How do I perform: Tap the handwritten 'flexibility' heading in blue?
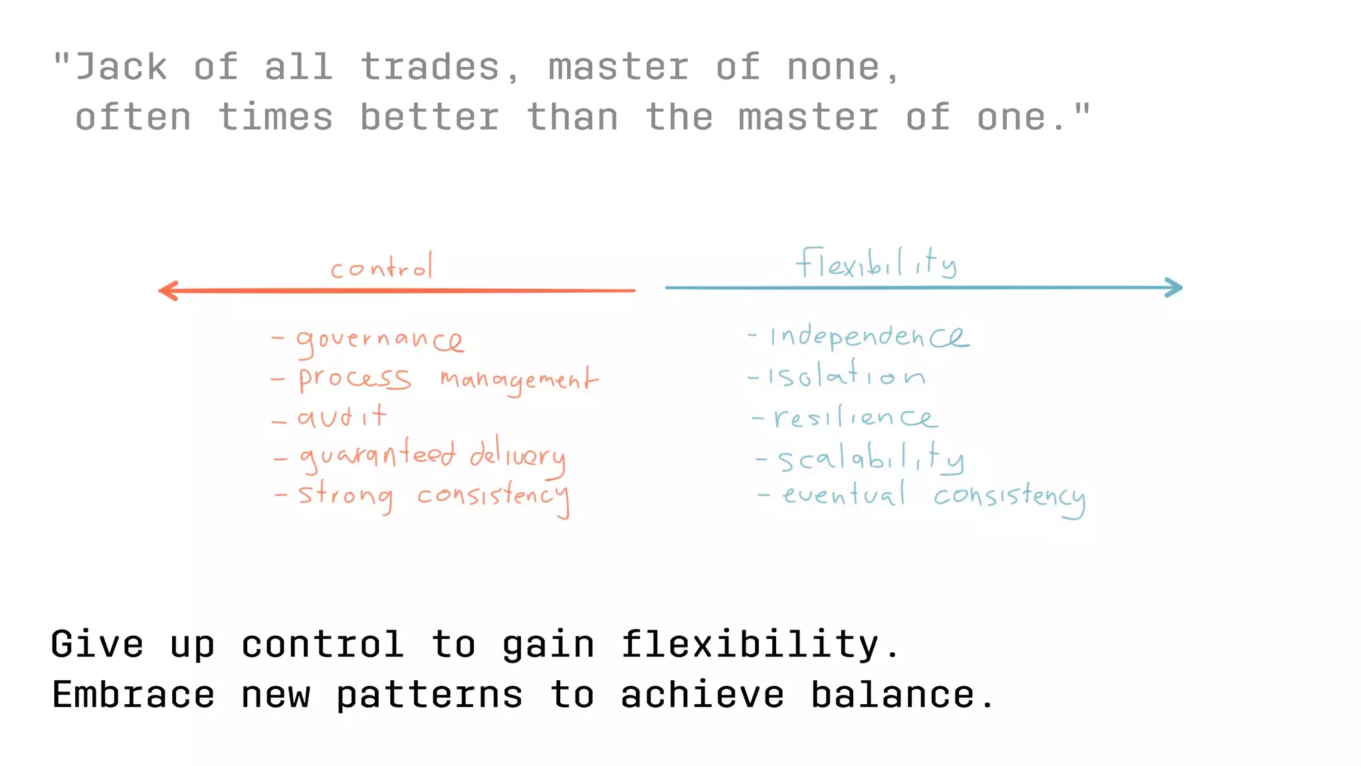876,263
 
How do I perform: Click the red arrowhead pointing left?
167,291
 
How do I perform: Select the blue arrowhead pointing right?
1174,287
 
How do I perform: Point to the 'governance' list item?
379,340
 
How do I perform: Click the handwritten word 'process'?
354,379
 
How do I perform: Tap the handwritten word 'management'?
518,380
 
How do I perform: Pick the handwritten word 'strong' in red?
345,496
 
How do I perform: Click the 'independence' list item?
869,336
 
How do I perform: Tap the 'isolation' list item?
846,376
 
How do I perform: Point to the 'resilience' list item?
855,418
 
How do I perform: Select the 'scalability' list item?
871,458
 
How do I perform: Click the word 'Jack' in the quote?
121,67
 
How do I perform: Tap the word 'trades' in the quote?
430,67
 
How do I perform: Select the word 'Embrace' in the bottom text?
134,695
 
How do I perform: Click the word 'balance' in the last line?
892,695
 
